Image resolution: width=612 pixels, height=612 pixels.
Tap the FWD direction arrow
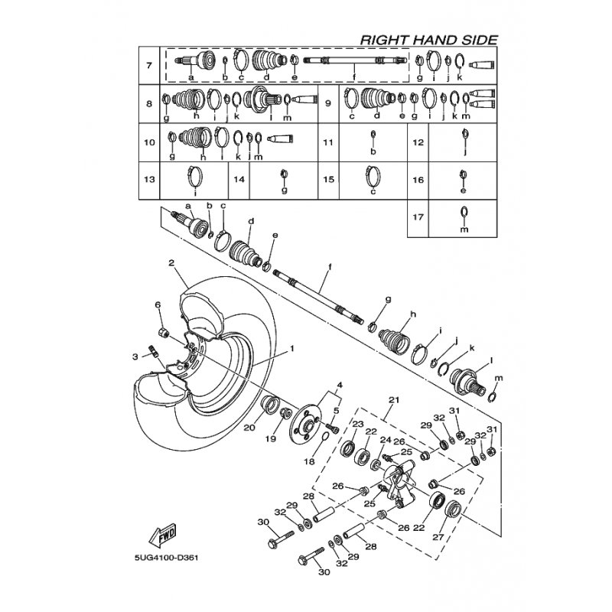[162, 532]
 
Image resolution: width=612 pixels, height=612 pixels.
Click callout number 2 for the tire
[172, 263]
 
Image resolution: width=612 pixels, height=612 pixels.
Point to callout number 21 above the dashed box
[395, 400]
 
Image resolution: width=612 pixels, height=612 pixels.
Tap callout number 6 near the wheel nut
[159, 305]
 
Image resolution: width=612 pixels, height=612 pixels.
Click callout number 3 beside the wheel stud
[135, 356]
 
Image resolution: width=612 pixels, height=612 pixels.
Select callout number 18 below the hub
[309, 462]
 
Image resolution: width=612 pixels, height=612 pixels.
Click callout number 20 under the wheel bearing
[248, 428]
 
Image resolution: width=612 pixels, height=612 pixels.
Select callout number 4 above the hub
[340, 384]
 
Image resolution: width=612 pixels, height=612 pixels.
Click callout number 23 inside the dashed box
[357, 423]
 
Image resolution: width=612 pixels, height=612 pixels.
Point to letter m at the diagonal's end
[499, 378]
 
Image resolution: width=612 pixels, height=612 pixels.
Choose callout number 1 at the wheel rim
[291, 348]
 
